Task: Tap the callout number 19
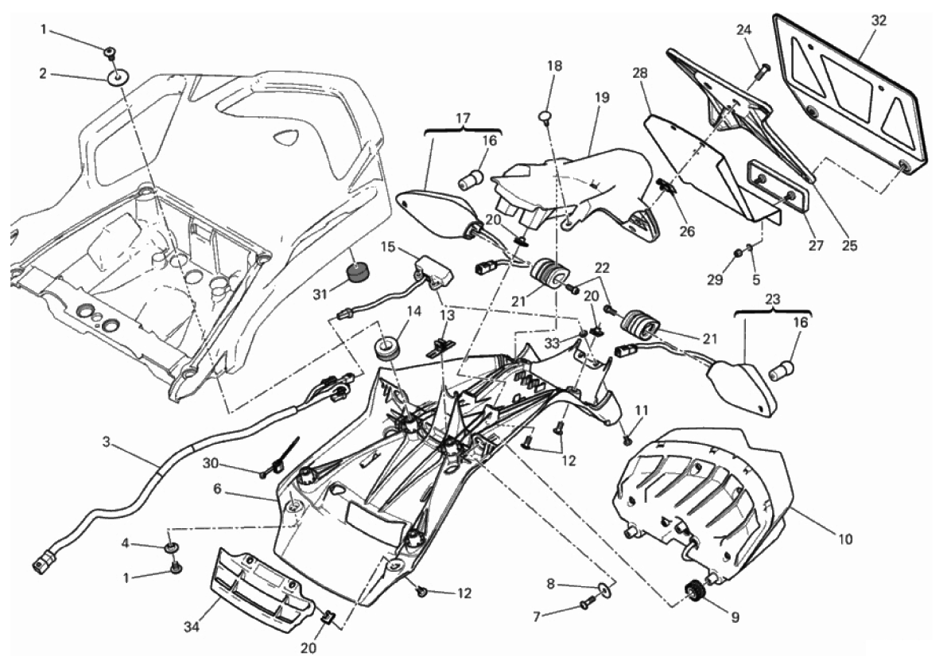(601, 98)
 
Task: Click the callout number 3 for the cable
(107, 440)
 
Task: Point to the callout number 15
(388, 247)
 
